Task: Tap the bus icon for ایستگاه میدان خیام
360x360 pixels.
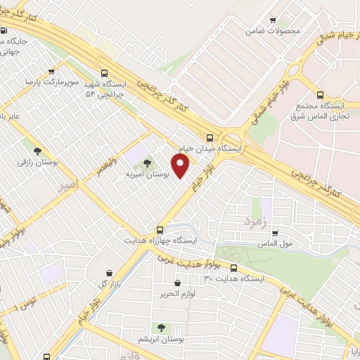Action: click(210, 138)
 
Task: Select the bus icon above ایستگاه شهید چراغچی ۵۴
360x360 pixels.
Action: click(105, 72)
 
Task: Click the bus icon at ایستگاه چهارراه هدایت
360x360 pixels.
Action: click(160, 229)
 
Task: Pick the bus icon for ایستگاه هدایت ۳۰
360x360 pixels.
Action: click(233, 268)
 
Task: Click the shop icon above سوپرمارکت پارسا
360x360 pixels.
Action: click(52, 72)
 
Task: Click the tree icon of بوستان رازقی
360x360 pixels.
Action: click(37, 150)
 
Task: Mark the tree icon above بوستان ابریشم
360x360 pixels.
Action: click(162, 327)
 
